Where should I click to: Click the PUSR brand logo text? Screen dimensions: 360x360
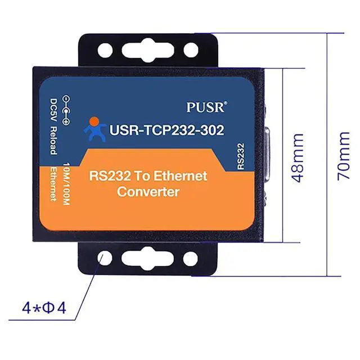[x=206, y=106]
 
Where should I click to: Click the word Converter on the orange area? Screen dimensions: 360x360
[x=148, y=192]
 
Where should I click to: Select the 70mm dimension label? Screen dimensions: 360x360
[x=344, y=157]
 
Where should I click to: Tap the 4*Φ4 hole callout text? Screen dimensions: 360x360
[x=43, y=308]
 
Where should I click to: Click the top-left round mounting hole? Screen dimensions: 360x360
[x=105, y=50]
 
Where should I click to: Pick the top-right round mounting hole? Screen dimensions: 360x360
[x=191, y=50]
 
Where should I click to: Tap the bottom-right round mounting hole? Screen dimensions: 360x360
[x=191, y=259]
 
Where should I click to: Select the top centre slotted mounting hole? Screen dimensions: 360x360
[x=148, y=50]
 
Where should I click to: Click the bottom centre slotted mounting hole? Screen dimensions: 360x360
[x=148, y=259]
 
